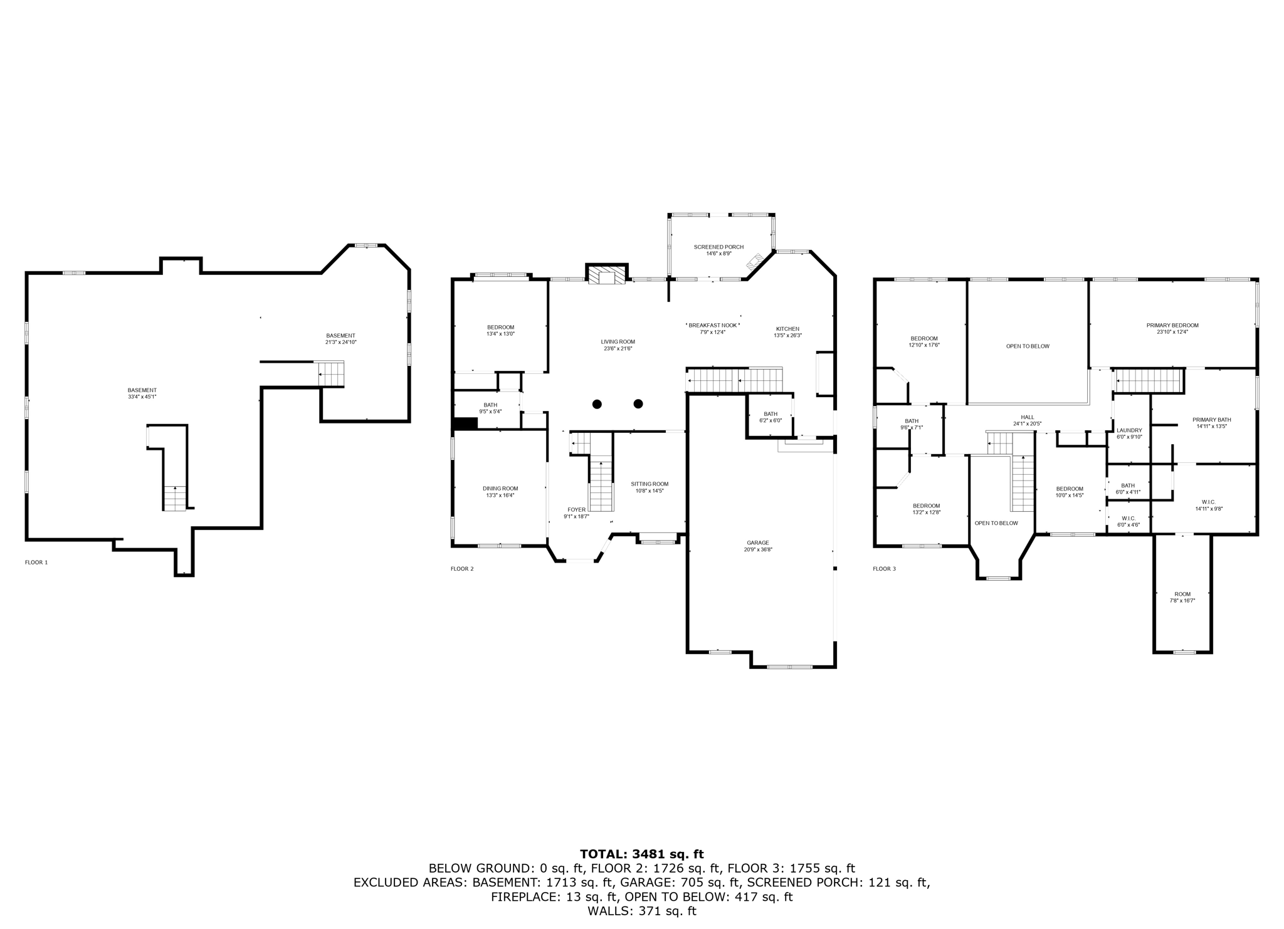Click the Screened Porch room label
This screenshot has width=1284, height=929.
pos(718,247)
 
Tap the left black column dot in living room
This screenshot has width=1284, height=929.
pos(597,404)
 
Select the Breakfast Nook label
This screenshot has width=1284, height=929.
pos(712,325)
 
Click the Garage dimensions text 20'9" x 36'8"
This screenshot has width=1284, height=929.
pos(757,549)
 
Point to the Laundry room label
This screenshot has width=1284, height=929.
pos(1129,430)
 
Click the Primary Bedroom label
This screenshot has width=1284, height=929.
pos(1172,325)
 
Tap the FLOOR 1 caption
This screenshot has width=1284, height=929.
pos(36,562)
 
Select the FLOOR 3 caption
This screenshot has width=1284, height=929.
pos(884,569)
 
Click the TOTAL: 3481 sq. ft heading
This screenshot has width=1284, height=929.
pos(641,854)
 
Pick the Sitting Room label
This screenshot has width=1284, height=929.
pos(650,484)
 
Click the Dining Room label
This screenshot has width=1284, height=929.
pos(500,489)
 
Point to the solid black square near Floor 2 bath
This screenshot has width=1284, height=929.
pos(465,423)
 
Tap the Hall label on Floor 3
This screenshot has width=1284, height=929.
pos(1027,417)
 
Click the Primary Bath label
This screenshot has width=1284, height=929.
pos(1211,420)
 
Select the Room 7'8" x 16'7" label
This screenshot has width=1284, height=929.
pos(1182,594)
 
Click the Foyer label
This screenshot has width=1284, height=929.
pos(576,509)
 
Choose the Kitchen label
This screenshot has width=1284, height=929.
pos(787,329)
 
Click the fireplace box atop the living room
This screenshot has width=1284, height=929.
pos(606,276)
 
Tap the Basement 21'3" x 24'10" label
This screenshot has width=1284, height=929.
pos(340,336)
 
